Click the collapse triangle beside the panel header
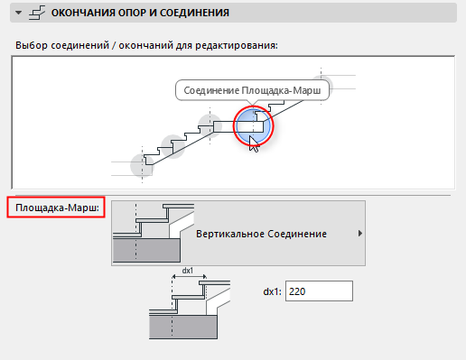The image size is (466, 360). pos(19,13)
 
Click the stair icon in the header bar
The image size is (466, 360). pos(37,13)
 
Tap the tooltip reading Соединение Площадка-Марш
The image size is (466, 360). pos(252,90)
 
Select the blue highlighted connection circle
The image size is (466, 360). pos(253,125)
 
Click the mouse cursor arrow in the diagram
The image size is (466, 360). pos(254,144)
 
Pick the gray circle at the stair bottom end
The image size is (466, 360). pos(142,165)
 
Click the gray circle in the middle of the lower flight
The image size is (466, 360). pos(172,146)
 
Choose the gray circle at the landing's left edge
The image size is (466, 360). pos(210,125)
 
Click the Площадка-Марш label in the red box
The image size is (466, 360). pos(57,208)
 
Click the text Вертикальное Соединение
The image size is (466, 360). pos(261,234)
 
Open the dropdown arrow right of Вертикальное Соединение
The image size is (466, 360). pos(360,234)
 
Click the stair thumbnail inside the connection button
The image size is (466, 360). pos(154,233)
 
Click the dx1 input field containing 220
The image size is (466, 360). pos(319,291)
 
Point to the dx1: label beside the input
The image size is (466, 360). pos(272,291)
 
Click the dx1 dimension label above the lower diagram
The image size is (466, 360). pos(188,271)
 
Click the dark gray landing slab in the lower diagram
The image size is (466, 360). pos(183,328)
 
